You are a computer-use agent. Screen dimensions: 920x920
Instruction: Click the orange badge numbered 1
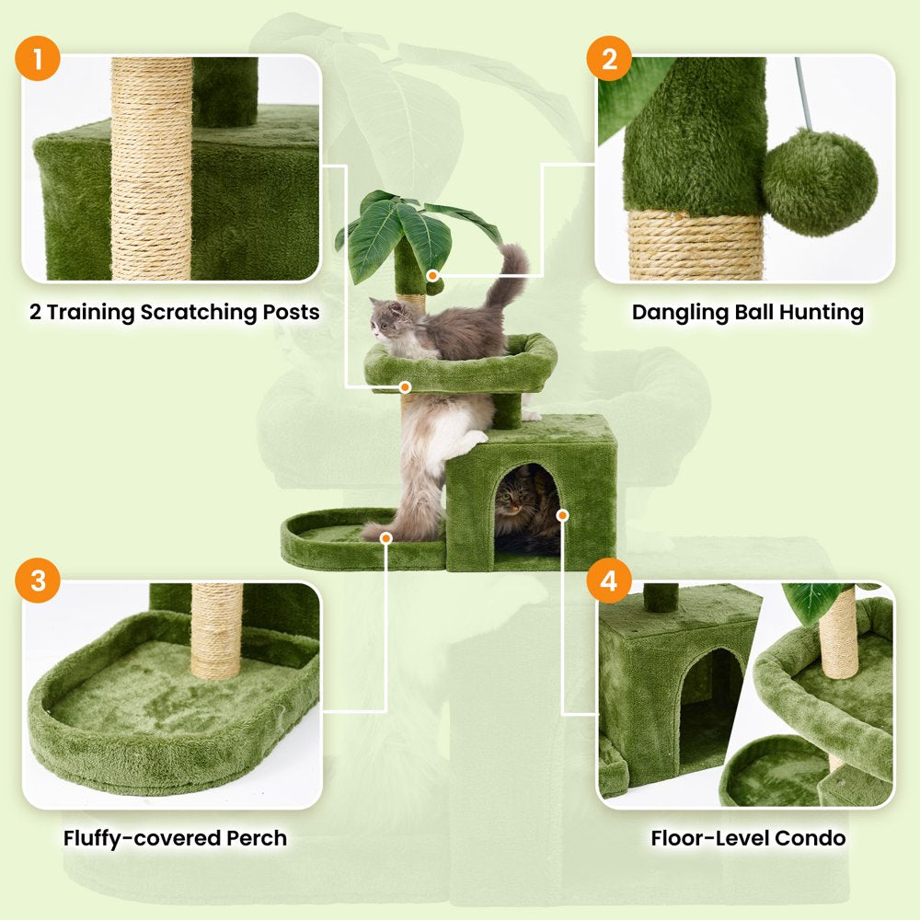[38, 62]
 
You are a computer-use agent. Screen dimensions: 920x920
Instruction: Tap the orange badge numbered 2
[609, 62]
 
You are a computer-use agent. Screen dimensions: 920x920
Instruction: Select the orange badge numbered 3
[38, 581]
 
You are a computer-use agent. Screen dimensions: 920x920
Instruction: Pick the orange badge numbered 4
[609, 581]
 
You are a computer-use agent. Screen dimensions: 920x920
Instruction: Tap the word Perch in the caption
[256, 838]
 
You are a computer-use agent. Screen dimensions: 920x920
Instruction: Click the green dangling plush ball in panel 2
[819, 182]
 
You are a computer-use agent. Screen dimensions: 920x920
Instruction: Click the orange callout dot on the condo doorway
[563, 515]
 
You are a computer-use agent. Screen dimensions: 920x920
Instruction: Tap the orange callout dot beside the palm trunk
[431, 273]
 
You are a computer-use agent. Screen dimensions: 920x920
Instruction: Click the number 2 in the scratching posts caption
[35, 313]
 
